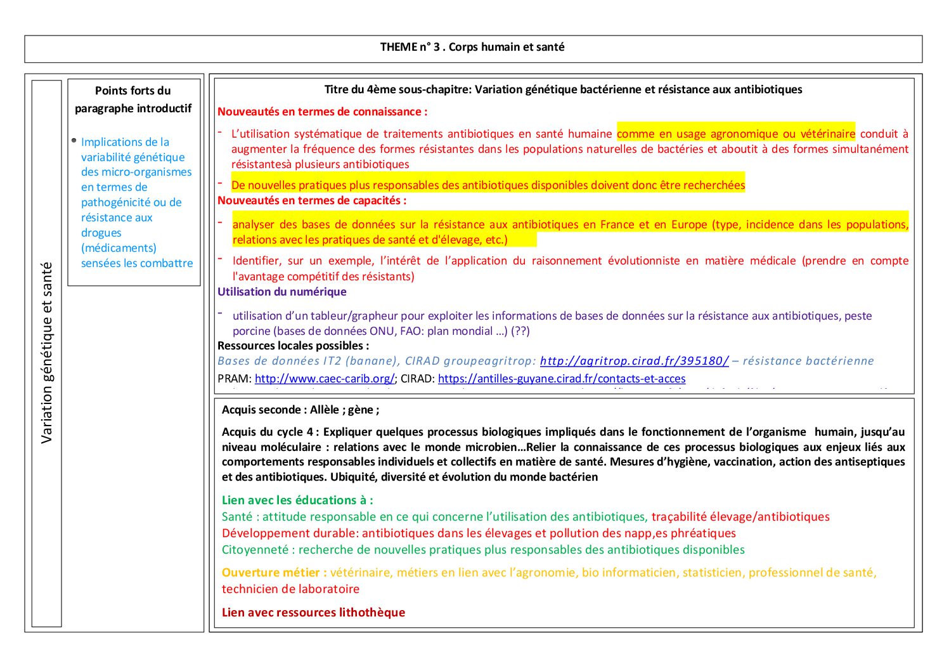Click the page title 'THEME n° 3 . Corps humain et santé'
point(472,47)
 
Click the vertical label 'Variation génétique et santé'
point(47,353)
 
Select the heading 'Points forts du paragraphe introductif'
point(133,100)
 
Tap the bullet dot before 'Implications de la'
point(74,140)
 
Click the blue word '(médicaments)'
point(119,248)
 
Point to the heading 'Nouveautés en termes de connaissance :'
point(322,112)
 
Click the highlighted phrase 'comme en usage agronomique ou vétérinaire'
point(735,134)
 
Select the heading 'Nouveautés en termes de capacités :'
point(312,200)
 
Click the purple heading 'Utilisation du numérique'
point(282,292)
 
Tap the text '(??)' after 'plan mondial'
point(520,331)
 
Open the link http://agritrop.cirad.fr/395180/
point(634,361)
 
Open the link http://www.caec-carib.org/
point(325,379)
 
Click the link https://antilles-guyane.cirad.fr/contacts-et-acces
point(562,379)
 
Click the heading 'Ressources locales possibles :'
point(293,346)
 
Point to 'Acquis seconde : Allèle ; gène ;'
point(300,410)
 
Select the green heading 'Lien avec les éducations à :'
point(297,500)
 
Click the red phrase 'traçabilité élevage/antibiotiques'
point(740,517)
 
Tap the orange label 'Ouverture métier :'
point(274,573)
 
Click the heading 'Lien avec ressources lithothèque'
point(313,613)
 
